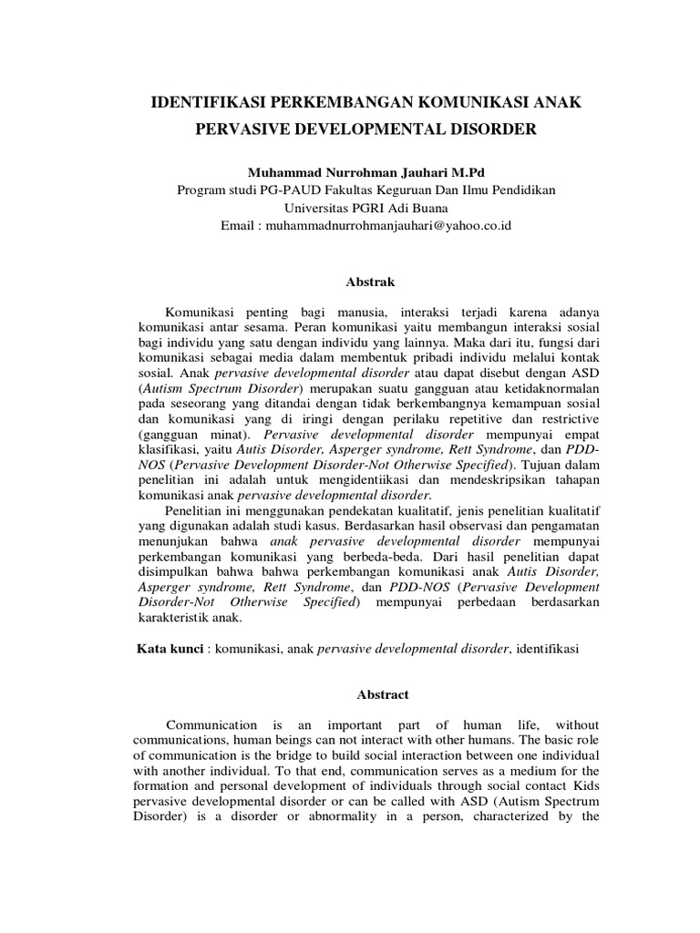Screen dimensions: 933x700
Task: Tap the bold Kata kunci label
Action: (x=168, y=650)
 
